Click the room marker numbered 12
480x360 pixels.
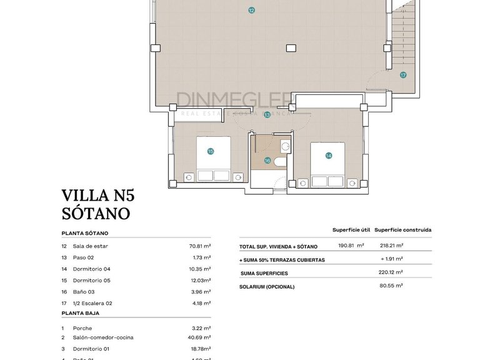click(x=251, y=10)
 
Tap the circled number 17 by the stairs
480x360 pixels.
click(x=403, y=75)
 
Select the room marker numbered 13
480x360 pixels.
click(x=267, y=115)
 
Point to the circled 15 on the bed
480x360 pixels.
click(x=211, y=151)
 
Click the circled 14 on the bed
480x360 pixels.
click(x=329, y=156)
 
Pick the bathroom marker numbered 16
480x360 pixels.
click(x=267, y=161)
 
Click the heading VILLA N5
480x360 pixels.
click(x=98, y=196)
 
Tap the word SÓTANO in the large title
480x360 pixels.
click(x=96, y=213)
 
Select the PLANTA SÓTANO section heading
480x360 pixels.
click(x=85, y=233)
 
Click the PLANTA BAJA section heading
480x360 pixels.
click(x=80, y=313)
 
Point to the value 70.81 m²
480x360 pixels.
click(x=199, y=246)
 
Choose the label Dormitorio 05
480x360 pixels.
click(x=91, y=281)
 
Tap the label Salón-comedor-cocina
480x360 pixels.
click(x=103, y=337)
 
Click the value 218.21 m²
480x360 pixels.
click(x=391, y=246)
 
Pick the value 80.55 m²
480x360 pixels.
click(x=391, y=286)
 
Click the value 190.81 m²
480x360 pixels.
click(x=351, y=246)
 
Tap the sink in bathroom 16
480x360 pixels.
click(x=285, y=147)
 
